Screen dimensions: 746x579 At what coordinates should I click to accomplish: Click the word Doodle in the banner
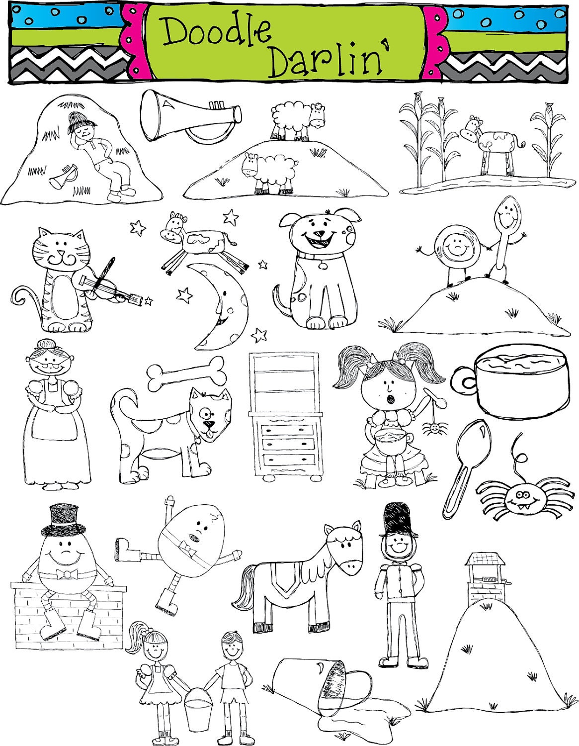coord(217,33)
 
